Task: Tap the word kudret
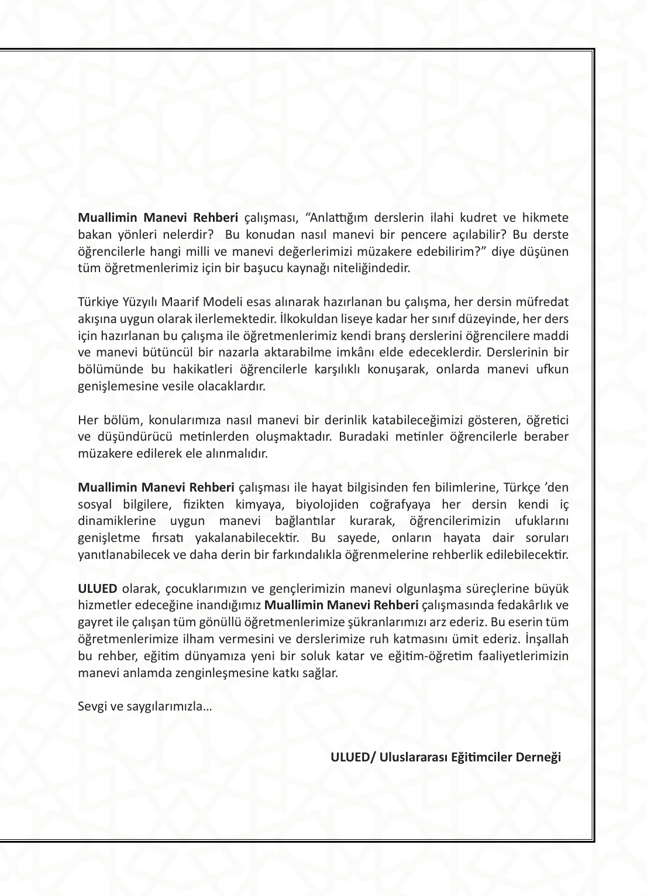click(x=472, y=218)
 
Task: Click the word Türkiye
click(x=96, y=302)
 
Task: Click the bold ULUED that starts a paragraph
click(x=98, y=588)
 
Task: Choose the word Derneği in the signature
click(x=538, y=757)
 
